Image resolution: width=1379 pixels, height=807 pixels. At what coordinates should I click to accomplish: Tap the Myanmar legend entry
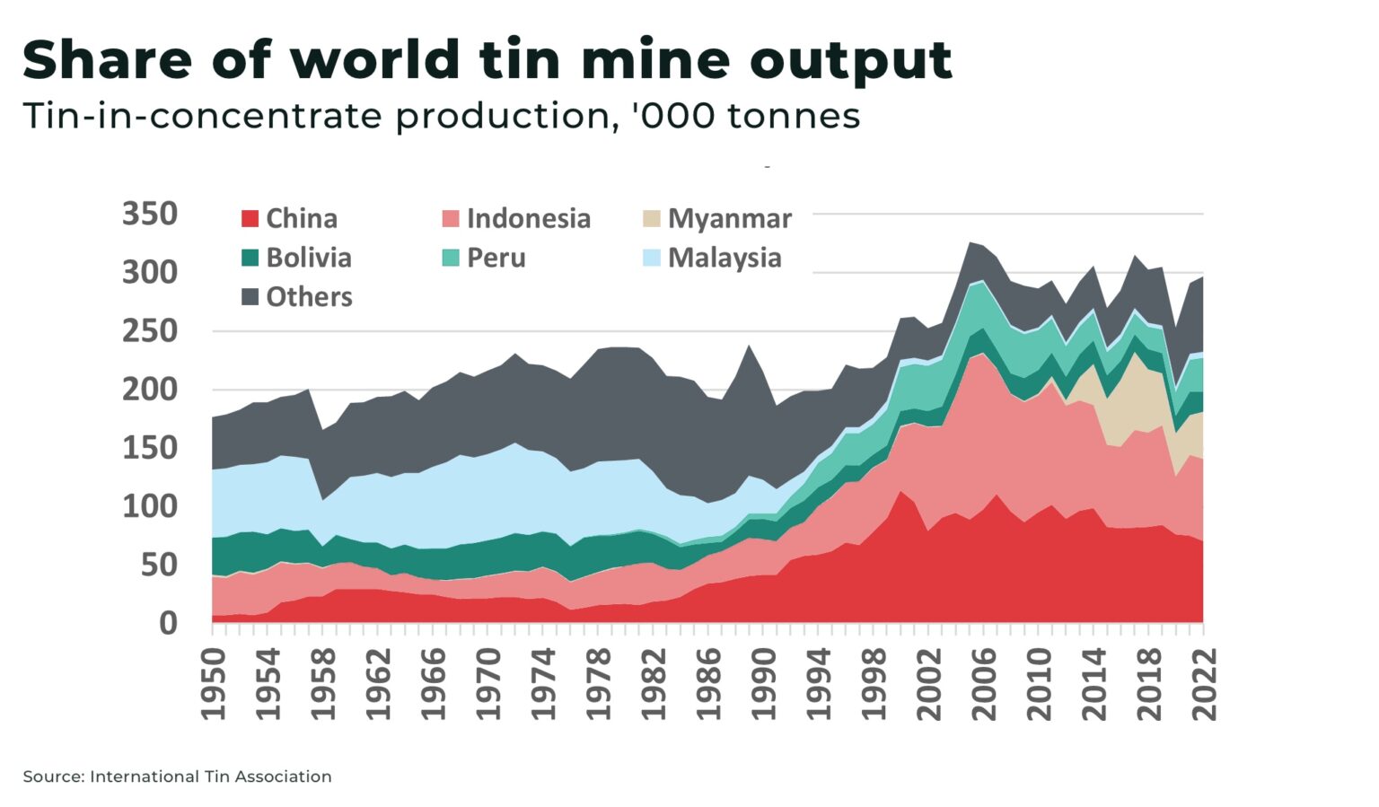717,218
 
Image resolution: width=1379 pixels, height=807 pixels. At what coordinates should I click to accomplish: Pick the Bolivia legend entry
297,258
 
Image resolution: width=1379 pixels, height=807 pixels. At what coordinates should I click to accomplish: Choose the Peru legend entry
484,258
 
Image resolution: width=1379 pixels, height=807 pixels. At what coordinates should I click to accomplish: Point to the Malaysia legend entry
712,258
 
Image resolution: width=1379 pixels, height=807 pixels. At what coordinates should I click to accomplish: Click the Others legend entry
297,297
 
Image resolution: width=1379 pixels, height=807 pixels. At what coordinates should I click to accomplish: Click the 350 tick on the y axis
150,214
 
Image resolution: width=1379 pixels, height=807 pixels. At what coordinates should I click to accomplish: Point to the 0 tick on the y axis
168,623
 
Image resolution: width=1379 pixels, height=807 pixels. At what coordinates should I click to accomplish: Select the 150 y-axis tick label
150,447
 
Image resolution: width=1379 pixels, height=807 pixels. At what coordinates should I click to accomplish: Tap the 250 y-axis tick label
150,330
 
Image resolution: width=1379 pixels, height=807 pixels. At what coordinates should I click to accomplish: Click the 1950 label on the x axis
214,684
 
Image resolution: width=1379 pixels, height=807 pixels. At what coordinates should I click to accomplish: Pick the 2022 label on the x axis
1204,684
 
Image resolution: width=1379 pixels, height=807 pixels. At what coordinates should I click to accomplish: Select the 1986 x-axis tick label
709,684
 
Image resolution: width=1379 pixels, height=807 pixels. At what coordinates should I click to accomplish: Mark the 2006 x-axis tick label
984,684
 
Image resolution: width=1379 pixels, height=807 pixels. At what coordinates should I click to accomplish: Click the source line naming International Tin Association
177,776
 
